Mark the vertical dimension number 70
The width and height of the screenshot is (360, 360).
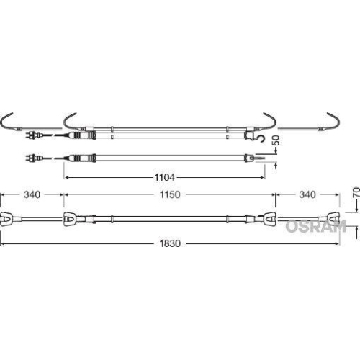[x=354, y=194]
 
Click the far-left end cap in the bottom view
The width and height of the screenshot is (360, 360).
[x=5, y=218]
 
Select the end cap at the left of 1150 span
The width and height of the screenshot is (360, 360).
[x=70, y=218]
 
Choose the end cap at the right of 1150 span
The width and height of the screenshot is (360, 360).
[x=269, y=218]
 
